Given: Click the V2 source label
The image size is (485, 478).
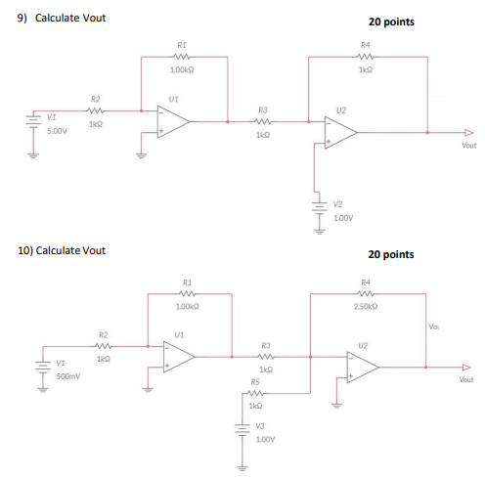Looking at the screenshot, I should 337,203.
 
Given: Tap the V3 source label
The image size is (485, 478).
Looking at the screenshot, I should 260,425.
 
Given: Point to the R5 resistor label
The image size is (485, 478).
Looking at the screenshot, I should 255,382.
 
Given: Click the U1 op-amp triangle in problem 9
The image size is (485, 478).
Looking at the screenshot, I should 174,121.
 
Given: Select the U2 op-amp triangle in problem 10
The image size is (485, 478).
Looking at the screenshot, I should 364,367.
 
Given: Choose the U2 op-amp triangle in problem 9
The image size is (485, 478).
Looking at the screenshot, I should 341,134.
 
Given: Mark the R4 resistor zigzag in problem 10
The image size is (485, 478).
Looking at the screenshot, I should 364,291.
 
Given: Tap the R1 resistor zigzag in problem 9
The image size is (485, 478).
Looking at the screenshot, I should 182,56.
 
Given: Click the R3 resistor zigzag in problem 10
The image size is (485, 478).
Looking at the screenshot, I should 266,358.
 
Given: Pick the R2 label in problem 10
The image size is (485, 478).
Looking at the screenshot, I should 103,333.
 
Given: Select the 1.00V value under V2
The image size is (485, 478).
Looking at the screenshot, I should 342,217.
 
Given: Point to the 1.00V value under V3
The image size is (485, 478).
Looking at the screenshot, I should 263,439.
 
